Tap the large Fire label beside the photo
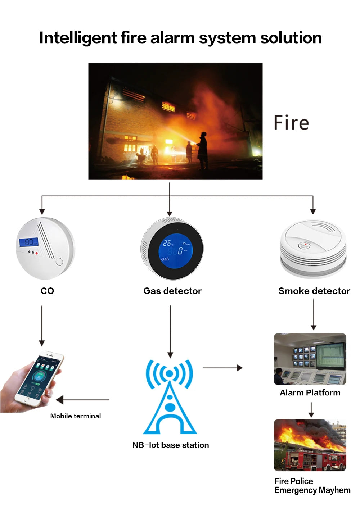pos(291,123)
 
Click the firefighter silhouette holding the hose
pos(203,150)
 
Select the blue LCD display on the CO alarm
pos(29,242)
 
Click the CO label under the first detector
pos(47,291)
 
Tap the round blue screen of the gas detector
pos(176,249)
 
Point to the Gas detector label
pos(172,291)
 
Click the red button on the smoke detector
pos(305,244)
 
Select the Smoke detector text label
pos(314,291)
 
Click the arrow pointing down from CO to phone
pos(42,326)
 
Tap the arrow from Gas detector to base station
pos(170,331)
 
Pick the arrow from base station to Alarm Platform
pos(222,368)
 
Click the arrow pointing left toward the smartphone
pos(82,400)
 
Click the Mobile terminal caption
pos(76,416)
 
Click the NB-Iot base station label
pos(170,445)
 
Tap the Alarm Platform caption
pos(310,392)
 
